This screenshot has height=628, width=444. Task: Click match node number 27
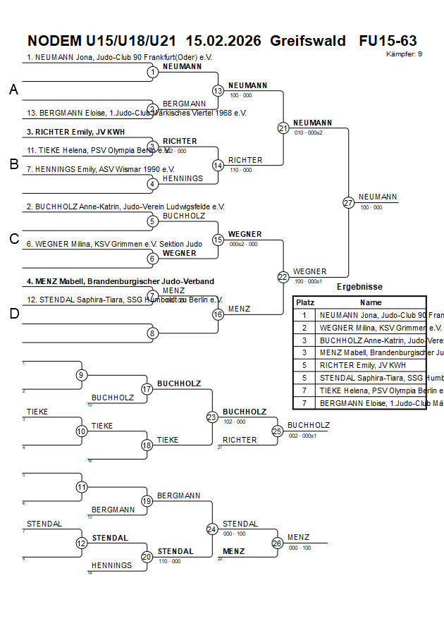point(348,203)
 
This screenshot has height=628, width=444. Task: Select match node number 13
point(218,91)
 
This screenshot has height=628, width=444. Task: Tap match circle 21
point(283,128)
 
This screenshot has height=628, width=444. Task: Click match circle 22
point(283,277)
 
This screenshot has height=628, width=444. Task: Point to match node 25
point(278,431)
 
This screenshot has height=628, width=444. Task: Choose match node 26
point(278,543)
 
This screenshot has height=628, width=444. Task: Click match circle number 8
point(152,333)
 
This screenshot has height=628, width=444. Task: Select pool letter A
point(13,90)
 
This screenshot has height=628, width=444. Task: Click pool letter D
point(13,314)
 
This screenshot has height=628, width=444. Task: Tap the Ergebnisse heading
point(359,287)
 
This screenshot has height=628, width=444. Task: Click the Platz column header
point(304,302)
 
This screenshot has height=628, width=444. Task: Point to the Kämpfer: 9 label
point(405,54)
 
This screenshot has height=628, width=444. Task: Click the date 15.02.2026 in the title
point(226,40)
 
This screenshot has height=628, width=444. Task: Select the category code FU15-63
point(388,40)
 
